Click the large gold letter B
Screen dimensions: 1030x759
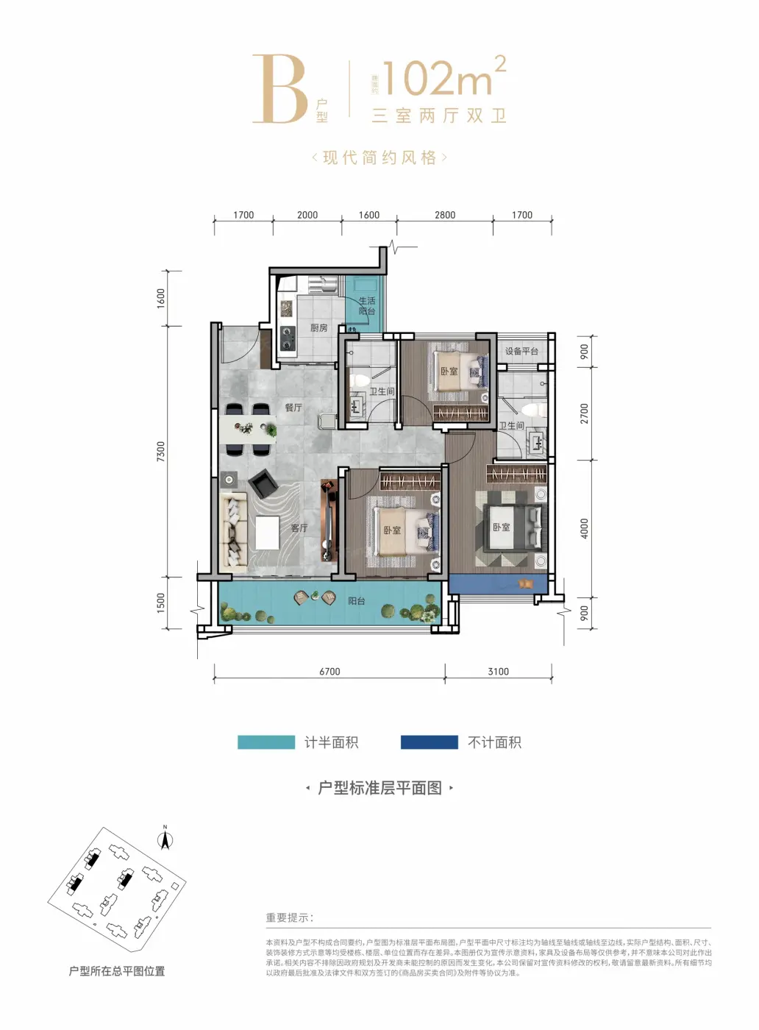coord(279,90)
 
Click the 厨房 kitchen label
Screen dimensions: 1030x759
coord(318,328)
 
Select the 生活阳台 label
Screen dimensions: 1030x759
coord(366,306)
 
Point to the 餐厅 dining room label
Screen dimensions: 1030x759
coord(293,408)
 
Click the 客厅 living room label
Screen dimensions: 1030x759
coord(299,528)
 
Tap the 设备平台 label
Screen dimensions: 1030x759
coord(521,352)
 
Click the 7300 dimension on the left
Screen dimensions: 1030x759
coord(161,451)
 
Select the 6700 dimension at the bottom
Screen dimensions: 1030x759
coord(329,672)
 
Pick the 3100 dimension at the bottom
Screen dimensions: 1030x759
coord(498,672)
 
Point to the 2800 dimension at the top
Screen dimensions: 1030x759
coord(444,216)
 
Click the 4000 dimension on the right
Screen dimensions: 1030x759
coord(585,528)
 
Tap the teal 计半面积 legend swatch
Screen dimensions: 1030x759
coord(266,742)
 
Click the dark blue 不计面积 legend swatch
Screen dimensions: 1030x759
coord(429,742)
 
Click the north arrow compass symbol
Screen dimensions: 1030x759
coord(165,838)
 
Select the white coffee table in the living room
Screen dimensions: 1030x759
coord(267,533)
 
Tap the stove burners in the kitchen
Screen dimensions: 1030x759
coord(286,338)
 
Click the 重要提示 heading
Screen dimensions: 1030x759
coord(290,917)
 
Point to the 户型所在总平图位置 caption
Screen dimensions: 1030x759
coord(117,971)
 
